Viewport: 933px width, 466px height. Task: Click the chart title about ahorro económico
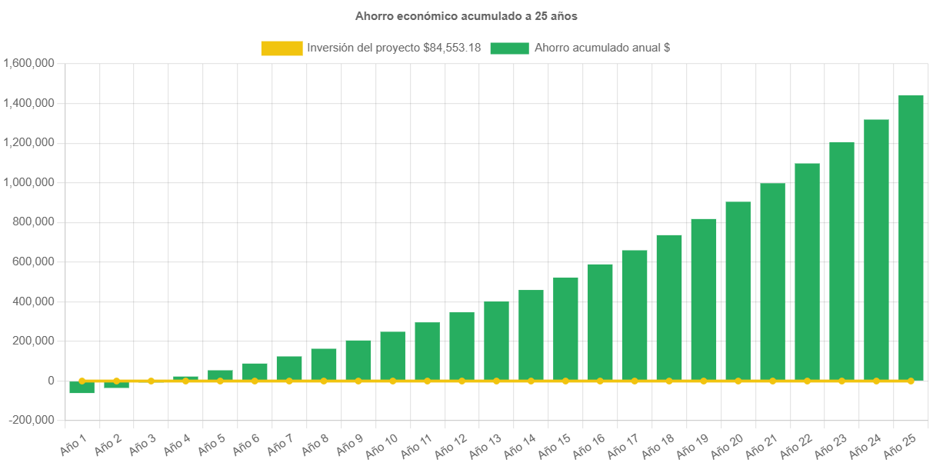(x=466, y=15)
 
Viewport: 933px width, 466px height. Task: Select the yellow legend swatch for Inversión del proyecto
(x=282, y=48)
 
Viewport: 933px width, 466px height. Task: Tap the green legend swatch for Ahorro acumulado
(x=508, y=48)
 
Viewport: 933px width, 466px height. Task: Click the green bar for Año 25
(x=911, y=238)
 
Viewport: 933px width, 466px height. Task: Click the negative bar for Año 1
(x=82, y=388)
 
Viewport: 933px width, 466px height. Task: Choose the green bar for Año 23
(x=841, y=261)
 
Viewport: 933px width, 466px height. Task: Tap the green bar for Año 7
(x=289, y=368)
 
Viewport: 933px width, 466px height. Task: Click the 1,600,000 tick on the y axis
(x=28, y=63)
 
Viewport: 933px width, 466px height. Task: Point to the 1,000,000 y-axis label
(x=28, y=182)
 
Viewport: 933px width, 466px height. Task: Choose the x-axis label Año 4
(x=176, y=442)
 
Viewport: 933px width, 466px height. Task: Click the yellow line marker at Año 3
(x=151, y=381)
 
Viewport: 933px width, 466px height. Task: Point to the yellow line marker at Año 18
(x=668, y=381)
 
